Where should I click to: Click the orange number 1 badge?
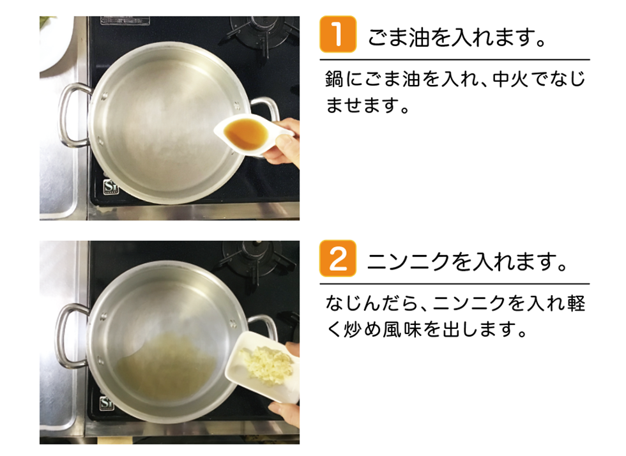point(338,34)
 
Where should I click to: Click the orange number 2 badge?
point(338,259)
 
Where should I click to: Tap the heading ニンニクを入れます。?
point(467,262)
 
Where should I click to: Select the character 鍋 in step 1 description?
point(334,79)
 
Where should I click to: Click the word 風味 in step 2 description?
point(402,330)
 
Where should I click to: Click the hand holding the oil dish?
point(282,142)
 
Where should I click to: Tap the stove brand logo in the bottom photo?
point(106,403)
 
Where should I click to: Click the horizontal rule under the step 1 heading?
point(455,60)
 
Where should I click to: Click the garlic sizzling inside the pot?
point(165,365)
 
